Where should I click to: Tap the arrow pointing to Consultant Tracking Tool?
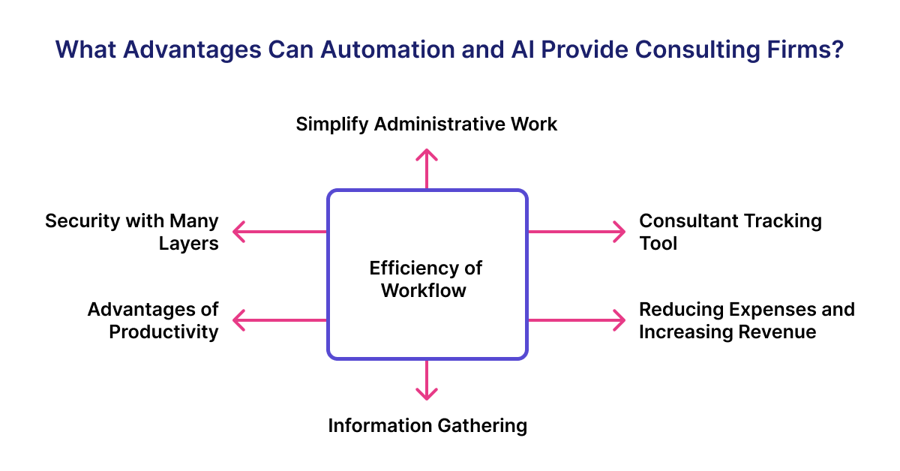[x=576, y=232]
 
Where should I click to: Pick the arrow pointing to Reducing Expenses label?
[x=576, y=320]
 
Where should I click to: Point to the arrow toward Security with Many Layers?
[x=279, y=232]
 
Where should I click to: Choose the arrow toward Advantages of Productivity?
[x=279, y=320]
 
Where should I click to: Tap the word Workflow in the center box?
[x=424, y=290]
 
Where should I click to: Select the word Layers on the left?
[x=188, y=243]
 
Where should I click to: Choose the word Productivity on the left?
[x=163, y=331]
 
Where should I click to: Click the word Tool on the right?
[x=658, y=243]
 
